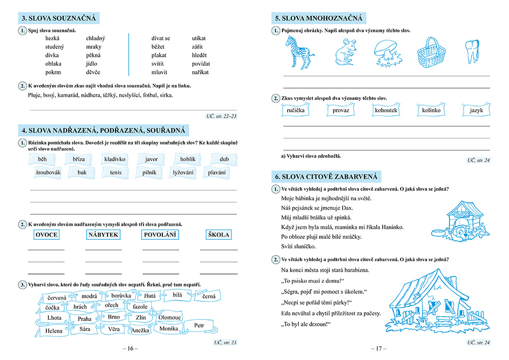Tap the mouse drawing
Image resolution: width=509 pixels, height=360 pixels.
(345, 51)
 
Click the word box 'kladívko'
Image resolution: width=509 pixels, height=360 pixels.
(115, 159)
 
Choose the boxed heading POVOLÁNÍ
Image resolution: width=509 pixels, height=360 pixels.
(160, 235)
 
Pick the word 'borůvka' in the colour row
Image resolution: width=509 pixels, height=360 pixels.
(120, 295)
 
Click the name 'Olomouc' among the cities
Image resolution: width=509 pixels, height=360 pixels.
(169, 318)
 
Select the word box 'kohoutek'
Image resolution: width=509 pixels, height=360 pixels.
(386, 110)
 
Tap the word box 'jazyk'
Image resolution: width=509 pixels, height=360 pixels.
(476, 110)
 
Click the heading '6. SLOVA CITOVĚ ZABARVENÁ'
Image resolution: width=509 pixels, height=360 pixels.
(326, 177)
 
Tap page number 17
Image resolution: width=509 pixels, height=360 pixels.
(378, 349)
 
